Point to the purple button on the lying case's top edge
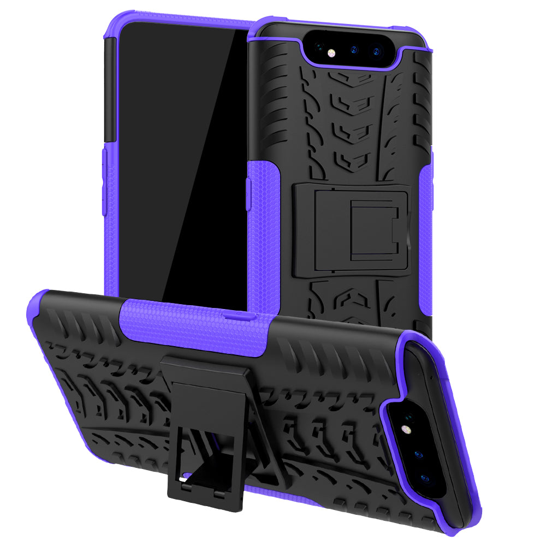point(240,316)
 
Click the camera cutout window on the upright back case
point(352,49)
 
